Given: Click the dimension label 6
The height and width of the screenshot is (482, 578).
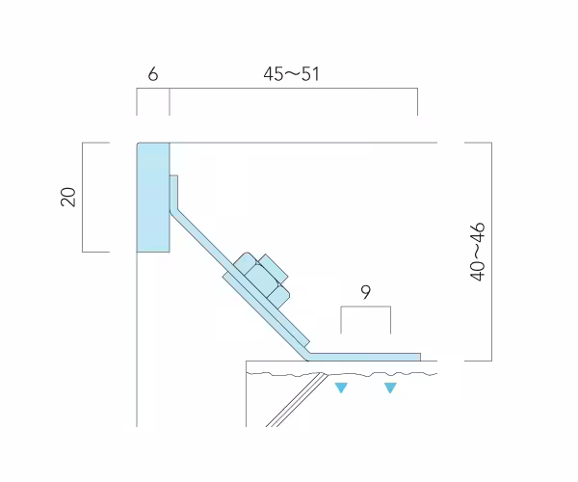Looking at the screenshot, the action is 153,74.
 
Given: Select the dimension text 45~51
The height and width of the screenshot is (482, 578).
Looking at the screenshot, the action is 291,74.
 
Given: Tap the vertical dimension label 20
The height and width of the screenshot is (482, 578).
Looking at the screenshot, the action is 68,197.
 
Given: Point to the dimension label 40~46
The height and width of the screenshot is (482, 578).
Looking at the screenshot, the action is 478,252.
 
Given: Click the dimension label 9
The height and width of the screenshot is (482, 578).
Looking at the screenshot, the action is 365,292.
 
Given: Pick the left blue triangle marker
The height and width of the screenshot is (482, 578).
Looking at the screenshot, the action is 341,388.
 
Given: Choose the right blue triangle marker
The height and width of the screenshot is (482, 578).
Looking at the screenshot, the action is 390,388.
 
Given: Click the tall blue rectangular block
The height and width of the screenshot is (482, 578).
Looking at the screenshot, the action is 153,198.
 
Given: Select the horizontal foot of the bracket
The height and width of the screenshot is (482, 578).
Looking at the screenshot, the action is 363,357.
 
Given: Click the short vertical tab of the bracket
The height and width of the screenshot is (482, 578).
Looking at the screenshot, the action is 173,193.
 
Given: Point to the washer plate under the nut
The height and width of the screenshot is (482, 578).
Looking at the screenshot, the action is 266,310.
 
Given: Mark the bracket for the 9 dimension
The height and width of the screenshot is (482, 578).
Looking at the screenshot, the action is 366,307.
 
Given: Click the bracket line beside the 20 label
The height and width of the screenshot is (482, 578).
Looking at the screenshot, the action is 83,198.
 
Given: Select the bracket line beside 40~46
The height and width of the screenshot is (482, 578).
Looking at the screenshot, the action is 491,252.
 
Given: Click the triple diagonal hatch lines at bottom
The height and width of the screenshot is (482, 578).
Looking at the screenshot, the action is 297,400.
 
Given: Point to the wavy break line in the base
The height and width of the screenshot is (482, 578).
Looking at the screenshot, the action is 342,374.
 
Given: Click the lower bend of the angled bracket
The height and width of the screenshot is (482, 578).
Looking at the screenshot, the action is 306,357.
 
